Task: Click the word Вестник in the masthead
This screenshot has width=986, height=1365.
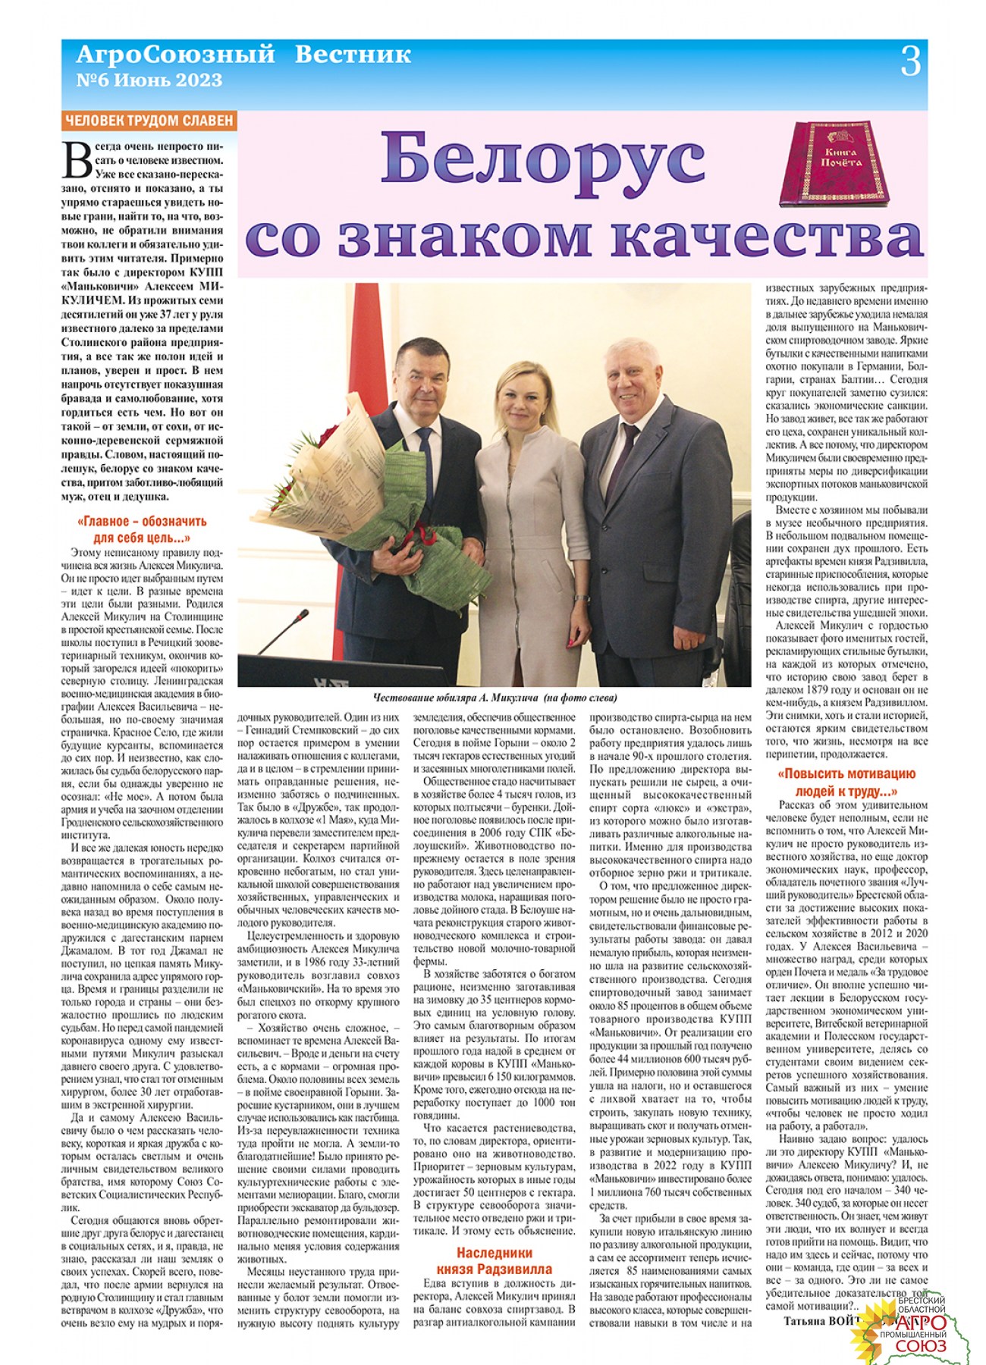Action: (353, 55)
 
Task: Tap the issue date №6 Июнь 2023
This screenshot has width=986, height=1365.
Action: (149, 80)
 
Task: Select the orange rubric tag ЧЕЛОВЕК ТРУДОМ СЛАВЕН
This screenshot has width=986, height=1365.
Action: (149, 121)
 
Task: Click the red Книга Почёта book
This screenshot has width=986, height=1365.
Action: (834, 164)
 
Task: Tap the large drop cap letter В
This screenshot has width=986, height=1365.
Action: (78, 162)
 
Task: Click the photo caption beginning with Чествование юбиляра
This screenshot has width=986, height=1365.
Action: (495, 698)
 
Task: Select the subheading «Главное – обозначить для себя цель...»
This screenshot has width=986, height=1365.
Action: (142, 530)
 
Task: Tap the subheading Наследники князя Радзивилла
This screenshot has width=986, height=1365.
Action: (494, 1261)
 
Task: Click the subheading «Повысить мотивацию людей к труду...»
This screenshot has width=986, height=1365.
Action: (846, 783)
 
